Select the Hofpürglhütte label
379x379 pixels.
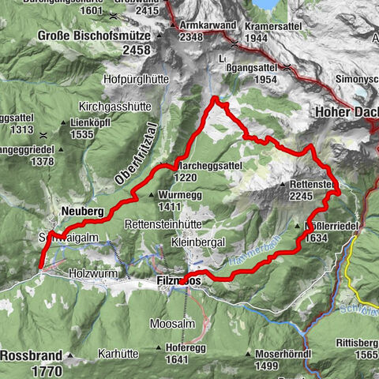[x=138, y=80]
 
